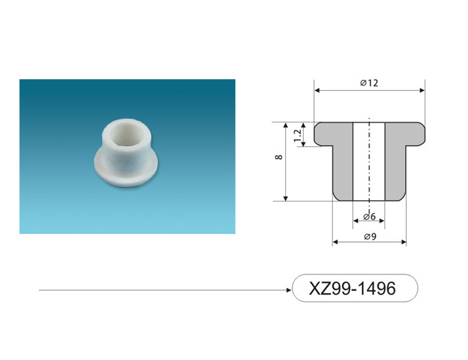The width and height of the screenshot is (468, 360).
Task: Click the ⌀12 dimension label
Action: pyautogui.click(x=369, y=83)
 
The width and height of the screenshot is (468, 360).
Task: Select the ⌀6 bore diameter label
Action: pyautogui.click(x=369, y=216)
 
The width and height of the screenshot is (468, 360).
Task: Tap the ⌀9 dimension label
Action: pyautogui.click(x=370, y=236)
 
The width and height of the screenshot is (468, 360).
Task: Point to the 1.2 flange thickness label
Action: pyautogui.click(x=297, y=136)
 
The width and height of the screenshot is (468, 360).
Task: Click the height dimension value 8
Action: pyautogui.click(x=279, y=157)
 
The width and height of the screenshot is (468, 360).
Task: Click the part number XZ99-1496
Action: pyautogui.click(x=352, y=288)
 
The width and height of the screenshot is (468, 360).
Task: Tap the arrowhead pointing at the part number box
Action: pyautogui.click(x=289, y=290)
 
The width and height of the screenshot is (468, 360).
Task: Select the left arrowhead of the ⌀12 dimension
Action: pyautogui.click(x=317, y=91)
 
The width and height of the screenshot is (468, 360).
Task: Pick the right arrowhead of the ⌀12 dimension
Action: pyautogui.click(x=422, y=91)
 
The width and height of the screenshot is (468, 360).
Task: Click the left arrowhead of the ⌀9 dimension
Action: pyautogui.click(x=336, y=242)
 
